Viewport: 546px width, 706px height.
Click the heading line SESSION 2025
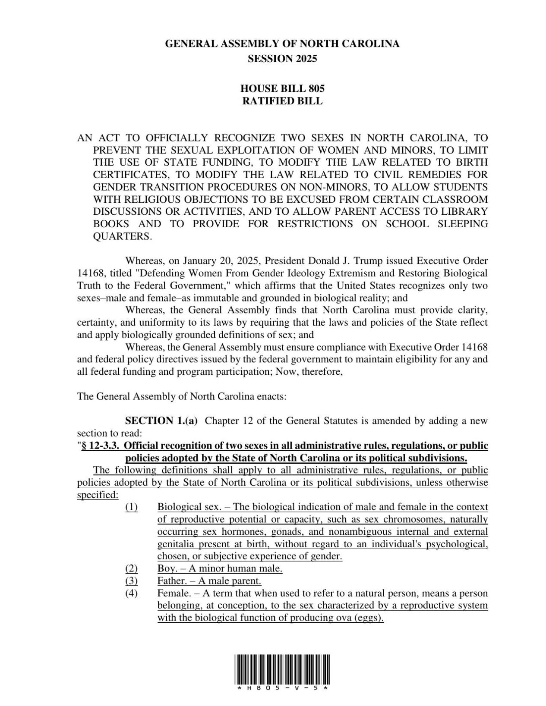[282, 59]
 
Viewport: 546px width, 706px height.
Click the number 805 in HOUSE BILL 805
[316, 89]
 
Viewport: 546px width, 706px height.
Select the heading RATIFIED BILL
[282, 101]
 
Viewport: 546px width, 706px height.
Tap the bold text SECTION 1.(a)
[161, 421]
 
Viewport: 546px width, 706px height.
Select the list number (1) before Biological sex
[132, 507]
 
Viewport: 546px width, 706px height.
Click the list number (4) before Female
[132, 593]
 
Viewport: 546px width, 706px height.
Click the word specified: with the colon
[98, 495]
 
